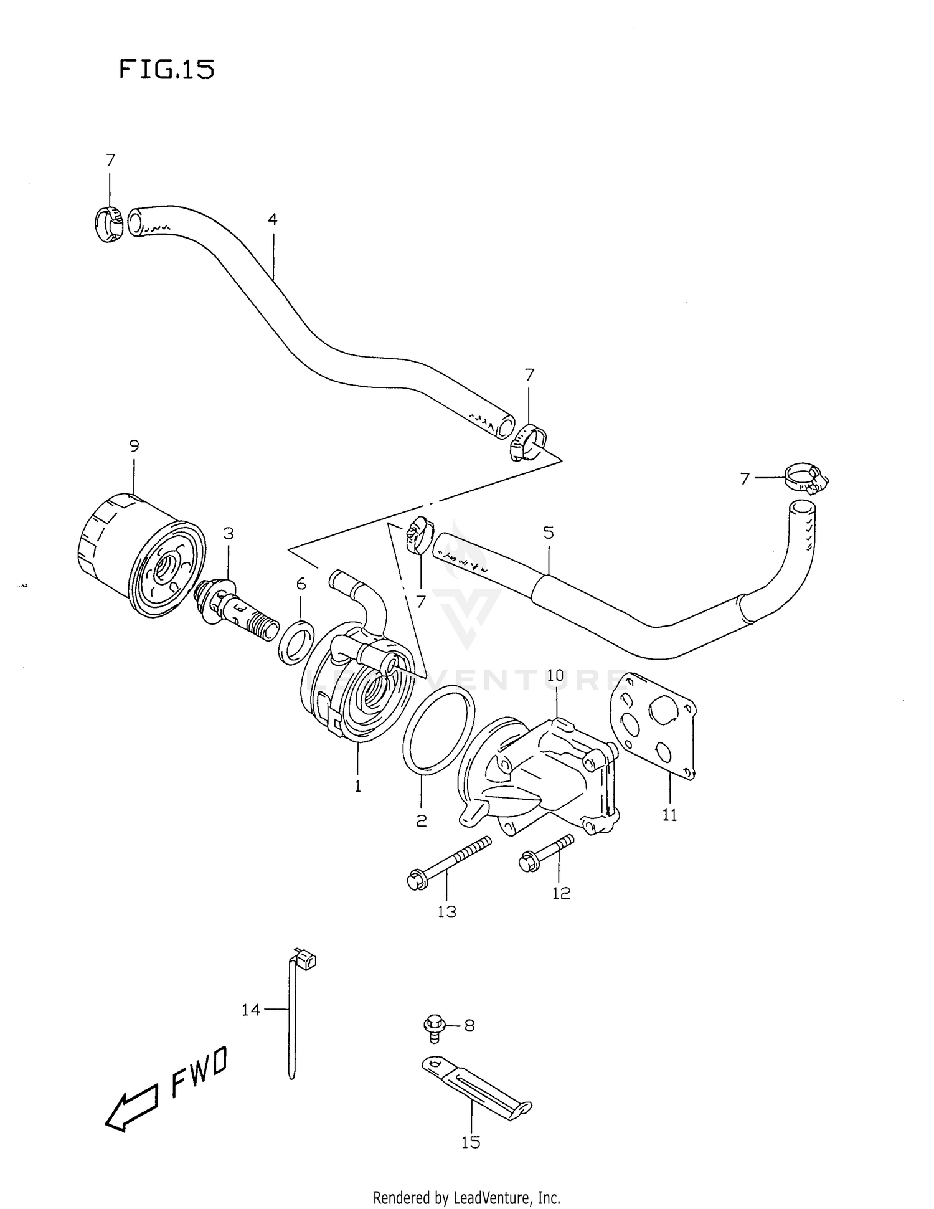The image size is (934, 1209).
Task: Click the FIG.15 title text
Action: (166, 70)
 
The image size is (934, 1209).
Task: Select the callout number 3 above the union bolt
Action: (229, 533)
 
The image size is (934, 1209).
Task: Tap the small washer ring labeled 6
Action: (296, 641)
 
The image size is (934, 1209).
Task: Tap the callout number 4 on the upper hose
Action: (272, 219)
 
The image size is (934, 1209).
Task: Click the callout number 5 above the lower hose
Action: (548, 533)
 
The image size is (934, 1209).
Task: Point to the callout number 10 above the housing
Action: (555, 675)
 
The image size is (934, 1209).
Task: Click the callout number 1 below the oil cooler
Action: (358, 787)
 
